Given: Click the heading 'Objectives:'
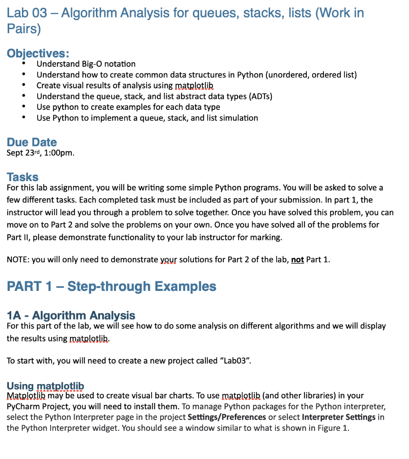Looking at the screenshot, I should pyautogui.click(x=38, y=53).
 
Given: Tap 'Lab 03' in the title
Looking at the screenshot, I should pyautogui.click(x=27, y=13).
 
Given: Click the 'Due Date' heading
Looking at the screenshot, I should pyautogui.click(x=32, y=142).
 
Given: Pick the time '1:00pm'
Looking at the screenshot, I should pyautogui.click(x=58, y=153).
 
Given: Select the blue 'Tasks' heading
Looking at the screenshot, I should pyautogui.click(x=22, y=177).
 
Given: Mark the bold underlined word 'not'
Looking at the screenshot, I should pyautogui.click(x=297, y=260).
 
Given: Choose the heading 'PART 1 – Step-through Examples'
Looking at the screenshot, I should pyautogui.click(x=111, y=286).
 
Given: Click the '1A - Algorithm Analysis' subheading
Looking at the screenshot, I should pyautogui.click(x=71, y=316).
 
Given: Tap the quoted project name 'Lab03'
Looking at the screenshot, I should pyautogui.click(x=235, y=360).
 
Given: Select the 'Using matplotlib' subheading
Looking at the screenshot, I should pyautogui.click(x=45, y=386).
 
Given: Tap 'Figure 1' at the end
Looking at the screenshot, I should pyautogui.click(x=333, y=428).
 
